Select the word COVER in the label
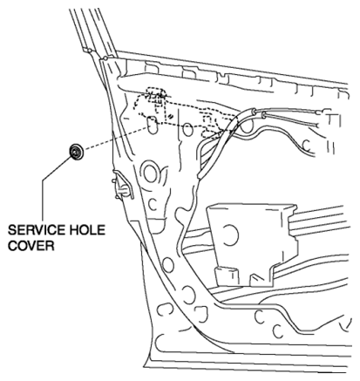tap(31, 246)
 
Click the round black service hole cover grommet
tap(77, 152)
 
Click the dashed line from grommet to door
tap(115, 139)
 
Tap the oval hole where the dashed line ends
tap(152, 125)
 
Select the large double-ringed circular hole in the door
tap(150, 172)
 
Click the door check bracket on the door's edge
tap(121, 186)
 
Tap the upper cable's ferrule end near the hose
tap(254, 112)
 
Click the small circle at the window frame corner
tap(105, 58)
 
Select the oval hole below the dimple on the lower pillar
tap(167, 265)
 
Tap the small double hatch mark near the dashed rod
tap(171, 116)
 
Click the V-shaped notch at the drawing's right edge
tap(346, 324)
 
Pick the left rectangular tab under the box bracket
tap(226, 276)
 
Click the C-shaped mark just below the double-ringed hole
tap(153, 204)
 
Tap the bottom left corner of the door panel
tap(146, 367)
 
